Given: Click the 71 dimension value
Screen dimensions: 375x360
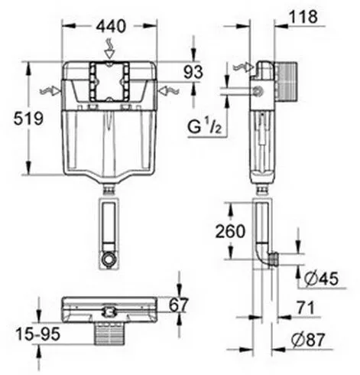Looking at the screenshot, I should [x=306, y=308].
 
